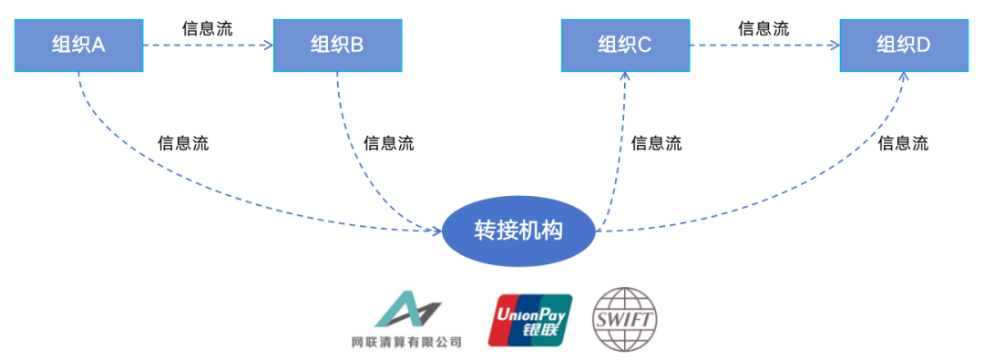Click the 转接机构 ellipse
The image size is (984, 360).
(x=518, y=230)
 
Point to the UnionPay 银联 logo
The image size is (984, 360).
(x=529, y=320)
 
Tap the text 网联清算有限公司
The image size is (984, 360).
(x=405, y=343)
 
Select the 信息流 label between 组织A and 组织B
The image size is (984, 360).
(x=207, y=27)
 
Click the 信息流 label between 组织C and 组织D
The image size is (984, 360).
(x=763, y=27)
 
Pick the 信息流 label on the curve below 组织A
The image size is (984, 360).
(x=182, y=143)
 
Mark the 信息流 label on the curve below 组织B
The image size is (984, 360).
(x=388, y=143)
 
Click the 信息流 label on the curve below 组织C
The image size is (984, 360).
(x=656, y=143)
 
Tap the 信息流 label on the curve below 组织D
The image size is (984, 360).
(x=902, y=143)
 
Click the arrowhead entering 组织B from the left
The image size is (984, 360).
(x=268, y=44)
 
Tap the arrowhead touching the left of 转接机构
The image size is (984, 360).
(x=436, y=230)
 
